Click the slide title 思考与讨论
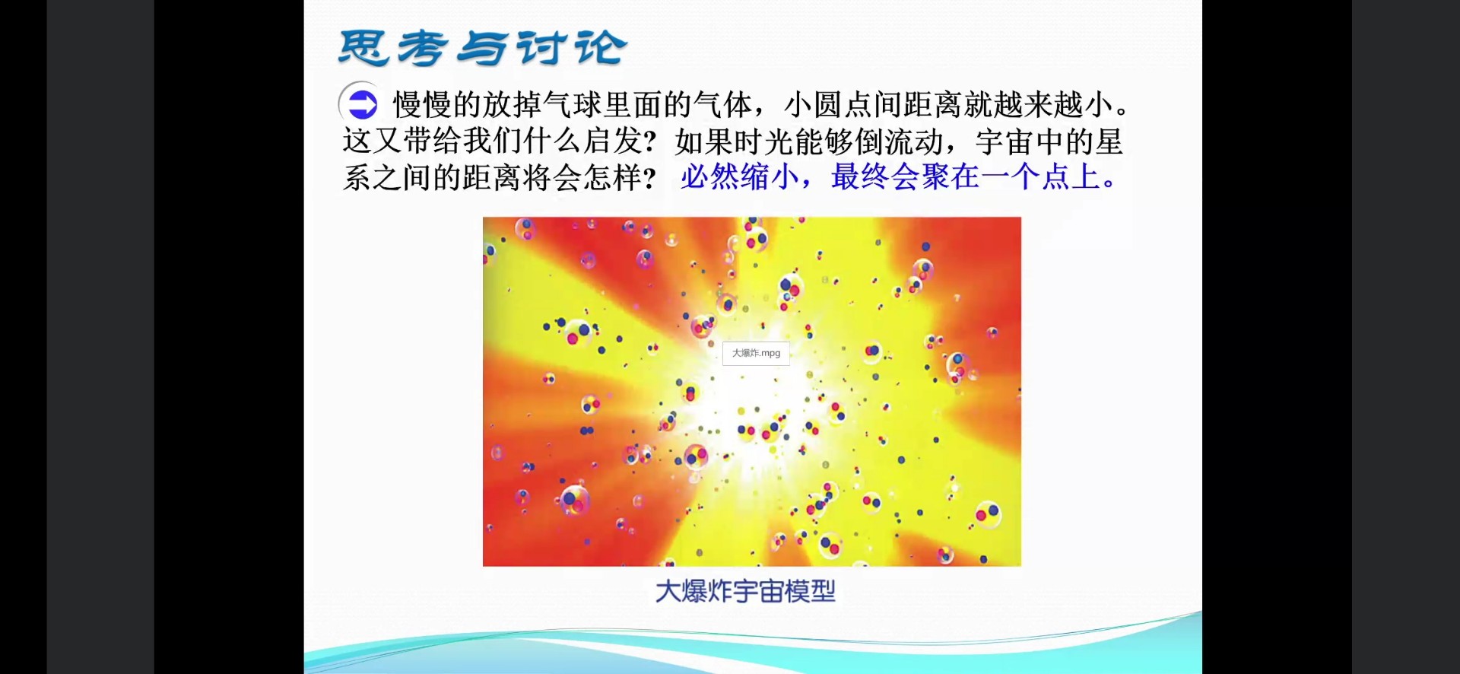(x=483, y=48)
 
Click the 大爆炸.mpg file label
(x=756, y=353)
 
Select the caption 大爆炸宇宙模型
(x=745, y=591)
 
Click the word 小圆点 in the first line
(x=828, y=105)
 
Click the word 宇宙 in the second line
(x=1005, y=141)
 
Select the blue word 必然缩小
(x=740, y=177)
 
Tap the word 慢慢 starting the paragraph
(x=422, y=105)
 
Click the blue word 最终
(x=860, y=177)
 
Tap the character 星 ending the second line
(x=1109, y=141)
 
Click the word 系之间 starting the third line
(x=387, y=177)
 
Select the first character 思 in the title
(x=363, y=48)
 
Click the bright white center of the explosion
(x=749, y=396)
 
